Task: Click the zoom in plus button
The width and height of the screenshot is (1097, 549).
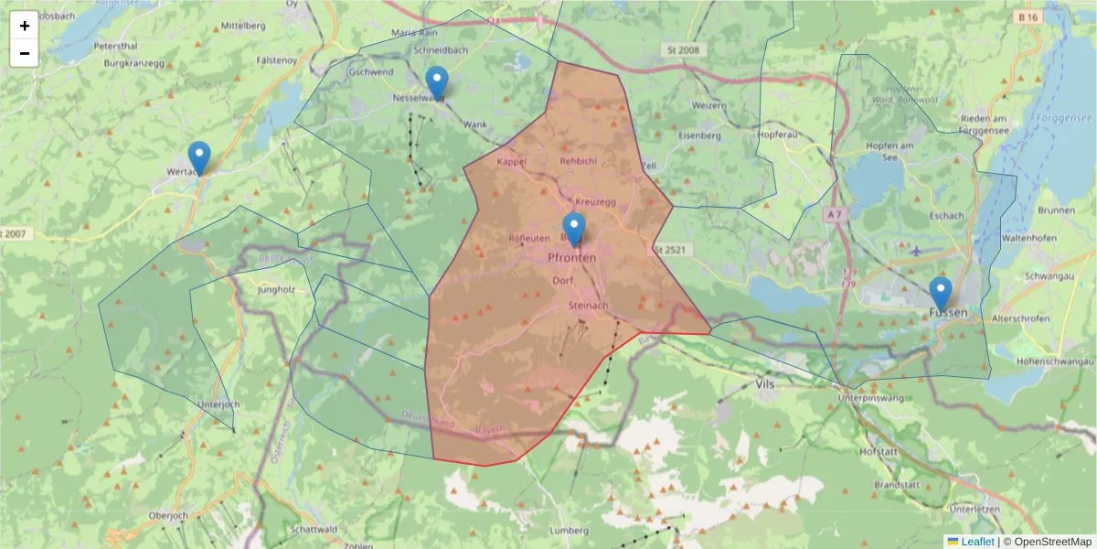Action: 25,26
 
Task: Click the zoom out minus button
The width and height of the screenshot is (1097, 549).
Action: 25,53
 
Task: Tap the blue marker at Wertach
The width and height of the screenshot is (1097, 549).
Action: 198,158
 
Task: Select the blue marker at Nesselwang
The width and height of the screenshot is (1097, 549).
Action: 437,83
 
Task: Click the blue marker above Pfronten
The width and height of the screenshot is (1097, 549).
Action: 574,229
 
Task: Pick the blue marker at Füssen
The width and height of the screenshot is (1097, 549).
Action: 941,294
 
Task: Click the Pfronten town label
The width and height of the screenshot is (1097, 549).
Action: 571,258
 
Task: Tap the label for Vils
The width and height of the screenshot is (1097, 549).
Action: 766,384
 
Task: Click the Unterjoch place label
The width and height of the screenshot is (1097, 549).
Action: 218,404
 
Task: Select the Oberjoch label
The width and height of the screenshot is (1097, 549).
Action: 168,516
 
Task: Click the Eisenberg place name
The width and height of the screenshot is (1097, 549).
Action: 699,135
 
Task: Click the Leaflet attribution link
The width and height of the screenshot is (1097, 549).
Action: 977,542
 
